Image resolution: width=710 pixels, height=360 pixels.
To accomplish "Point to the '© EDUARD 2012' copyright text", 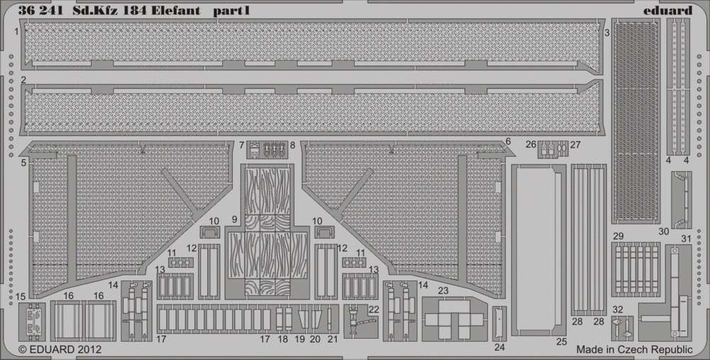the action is (x=60, y=349).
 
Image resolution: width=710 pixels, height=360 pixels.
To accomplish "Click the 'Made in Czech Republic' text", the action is (x=634, y=349).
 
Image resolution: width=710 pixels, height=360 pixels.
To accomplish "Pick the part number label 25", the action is (x=562, y=342).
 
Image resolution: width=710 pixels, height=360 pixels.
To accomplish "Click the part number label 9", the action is (x=234, y=219).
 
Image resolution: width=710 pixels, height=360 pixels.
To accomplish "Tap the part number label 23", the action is (x=443, y=290).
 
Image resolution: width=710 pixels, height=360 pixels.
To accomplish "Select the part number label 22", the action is (x=373, y=309).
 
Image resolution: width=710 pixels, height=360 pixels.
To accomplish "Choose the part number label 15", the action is (x=21, y=297).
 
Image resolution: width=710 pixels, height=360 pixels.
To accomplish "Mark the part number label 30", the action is (x=663, y=231).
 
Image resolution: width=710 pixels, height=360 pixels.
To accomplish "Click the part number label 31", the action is (x=686, y=239).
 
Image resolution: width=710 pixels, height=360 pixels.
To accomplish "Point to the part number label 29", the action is (x=618, y=236).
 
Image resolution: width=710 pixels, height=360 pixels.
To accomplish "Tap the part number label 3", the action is (x=607, y=32).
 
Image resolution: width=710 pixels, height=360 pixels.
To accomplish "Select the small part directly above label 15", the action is (x=32, y=322).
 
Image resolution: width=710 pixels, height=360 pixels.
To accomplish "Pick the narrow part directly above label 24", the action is (x=499, y=323).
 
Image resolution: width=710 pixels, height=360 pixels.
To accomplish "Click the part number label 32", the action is (x=618, y=310).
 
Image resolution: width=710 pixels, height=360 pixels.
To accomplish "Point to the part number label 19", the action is (x=300, y=339).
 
